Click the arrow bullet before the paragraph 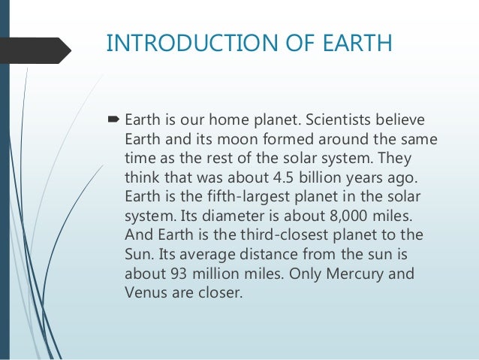point(114,120)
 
